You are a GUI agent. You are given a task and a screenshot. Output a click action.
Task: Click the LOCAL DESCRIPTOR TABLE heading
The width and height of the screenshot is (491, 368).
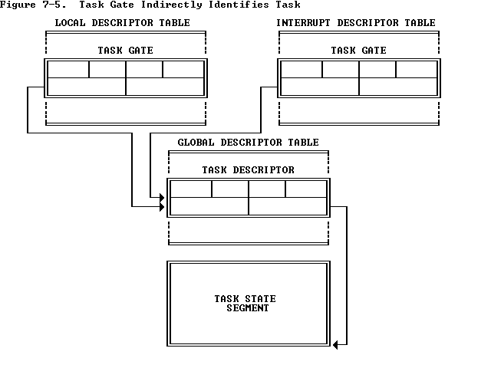[x=122, y=23]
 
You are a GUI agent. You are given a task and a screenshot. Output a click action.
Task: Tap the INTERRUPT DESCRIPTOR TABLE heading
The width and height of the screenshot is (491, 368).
[x=355, y=23]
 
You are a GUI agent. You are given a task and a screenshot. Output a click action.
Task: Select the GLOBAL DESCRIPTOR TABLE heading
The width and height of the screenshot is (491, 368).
[x=248, y=143]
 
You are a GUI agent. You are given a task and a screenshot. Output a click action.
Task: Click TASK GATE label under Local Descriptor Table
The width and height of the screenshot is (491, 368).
[x=125, y=51]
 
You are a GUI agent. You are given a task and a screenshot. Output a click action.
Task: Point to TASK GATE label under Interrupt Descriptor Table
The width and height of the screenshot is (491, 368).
[x=358, y=51]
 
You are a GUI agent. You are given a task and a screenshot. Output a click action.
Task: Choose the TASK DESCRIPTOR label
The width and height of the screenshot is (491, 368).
[x=248, y=170]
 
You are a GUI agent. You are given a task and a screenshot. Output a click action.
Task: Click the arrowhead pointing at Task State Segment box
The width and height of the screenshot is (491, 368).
[x=335, y=345]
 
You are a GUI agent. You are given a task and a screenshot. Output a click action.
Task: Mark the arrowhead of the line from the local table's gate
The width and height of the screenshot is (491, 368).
[x=162, y=206]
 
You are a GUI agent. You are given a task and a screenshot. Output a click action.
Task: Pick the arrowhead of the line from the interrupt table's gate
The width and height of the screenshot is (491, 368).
[x=162, y=197]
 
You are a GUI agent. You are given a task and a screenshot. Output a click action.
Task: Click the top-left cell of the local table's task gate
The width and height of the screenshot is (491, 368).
[x=68, y=69]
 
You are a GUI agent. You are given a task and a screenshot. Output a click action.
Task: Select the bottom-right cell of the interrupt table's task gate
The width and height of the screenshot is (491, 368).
[x=398, y=86]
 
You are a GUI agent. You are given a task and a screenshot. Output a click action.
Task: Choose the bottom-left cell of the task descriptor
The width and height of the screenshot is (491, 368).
[x=209, y=205]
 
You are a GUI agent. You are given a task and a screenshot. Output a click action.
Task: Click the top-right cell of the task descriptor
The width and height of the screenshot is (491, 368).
[x=306, y=189]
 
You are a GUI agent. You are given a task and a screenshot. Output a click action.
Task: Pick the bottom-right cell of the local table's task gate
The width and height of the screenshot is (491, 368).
[x=165, y=86]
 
